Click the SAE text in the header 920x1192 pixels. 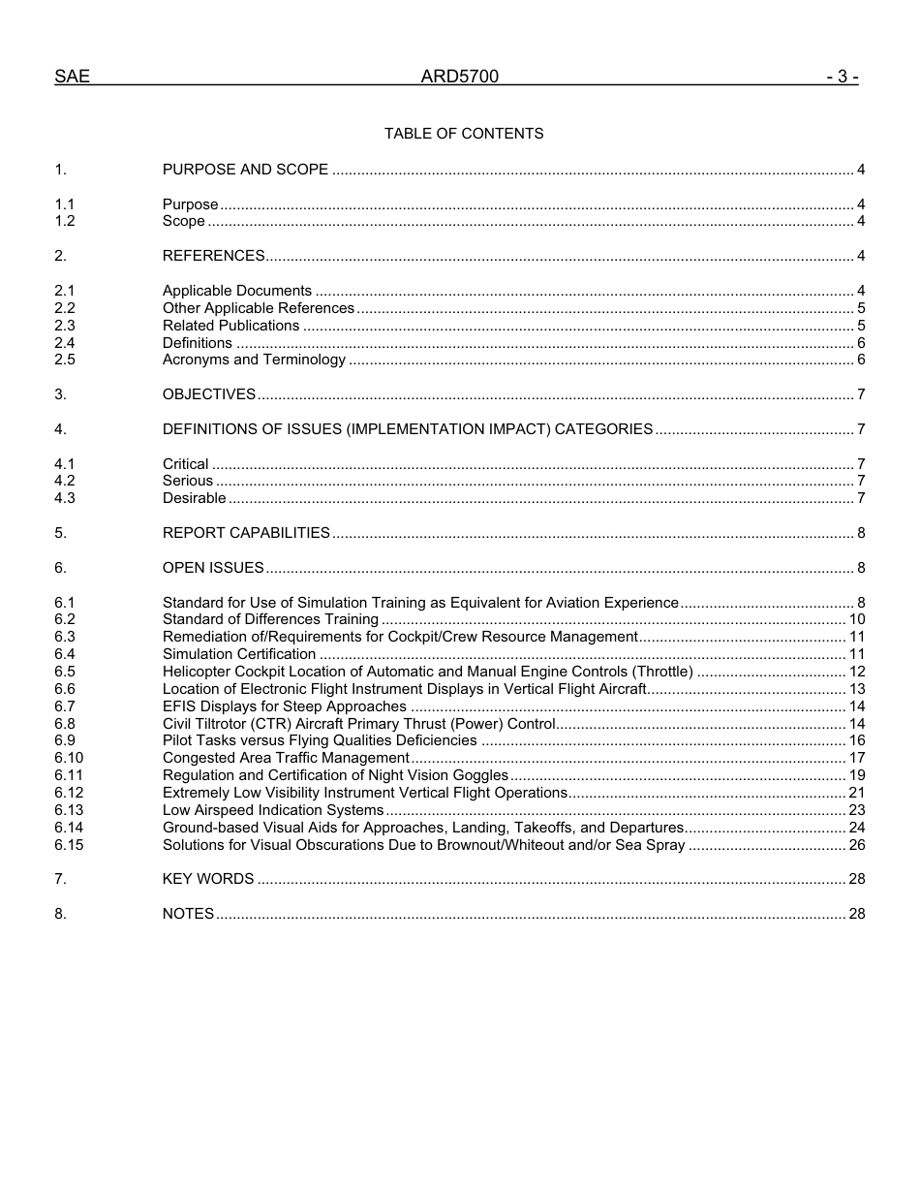[72, 77]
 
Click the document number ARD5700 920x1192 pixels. [459, 77]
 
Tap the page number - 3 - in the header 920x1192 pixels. [842, 77]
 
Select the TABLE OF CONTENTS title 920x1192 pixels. [464, 134]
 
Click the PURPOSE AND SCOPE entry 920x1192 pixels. [245, 170]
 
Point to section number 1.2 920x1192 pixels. [65, 221]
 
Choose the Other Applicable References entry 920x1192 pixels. [259, 308]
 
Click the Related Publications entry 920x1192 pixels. [230, 326]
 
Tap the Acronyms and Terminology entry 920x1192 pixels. [254, 360]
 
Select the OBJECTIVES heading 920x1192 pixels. [209, 394]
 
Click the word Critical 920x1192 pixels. [185, 464]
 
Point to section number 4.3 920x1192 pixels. [65, 498]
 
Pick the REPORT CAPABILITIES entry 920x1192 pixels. [246, 533]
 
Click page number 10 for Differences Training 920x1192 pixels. [856, 619]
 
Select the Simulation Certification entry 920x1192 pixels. [239, 654]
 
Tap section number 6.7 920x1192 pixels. [65, 706]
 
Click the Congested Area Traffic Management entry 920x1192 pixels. [286, 758]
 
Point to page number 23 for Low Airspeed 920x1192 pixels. [856, 810]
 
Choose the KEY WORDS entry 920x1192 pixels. [208, 879]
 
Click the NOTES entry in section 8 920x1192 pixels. [188, 914]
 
